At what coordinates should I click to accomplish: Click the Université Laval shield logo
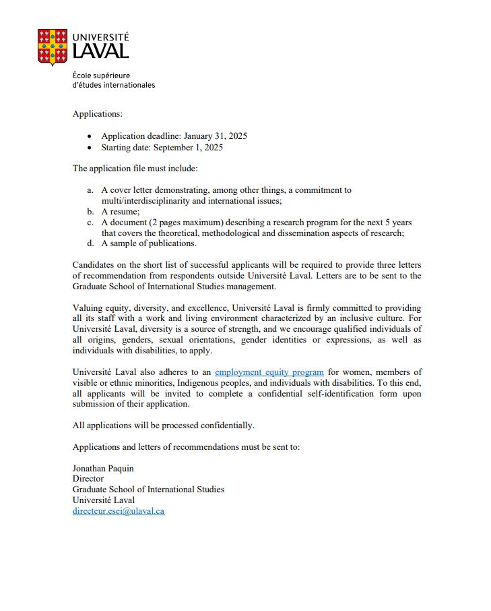(53, 47)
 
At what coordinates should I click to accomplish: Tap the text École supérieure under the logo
(101, 76)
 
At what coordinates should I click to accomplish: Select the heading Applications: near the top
(97, 114)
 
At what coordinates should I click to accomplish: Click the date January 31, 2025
(215, 136)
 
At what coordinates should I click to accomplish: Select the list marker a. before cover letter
(90, 190)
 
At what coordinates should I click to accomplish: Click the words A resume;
(121, 212)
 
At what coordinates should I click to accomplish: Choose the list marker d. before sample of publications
(90, 243)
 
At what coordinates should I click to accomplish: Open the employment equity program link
(269, 372)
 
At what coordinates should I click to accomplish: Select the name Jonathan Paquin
(103, 468)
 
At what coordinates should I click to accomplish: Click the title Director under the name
(88, 479)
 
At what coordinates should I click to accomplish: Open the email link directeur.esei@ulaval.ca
(118, 511)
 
